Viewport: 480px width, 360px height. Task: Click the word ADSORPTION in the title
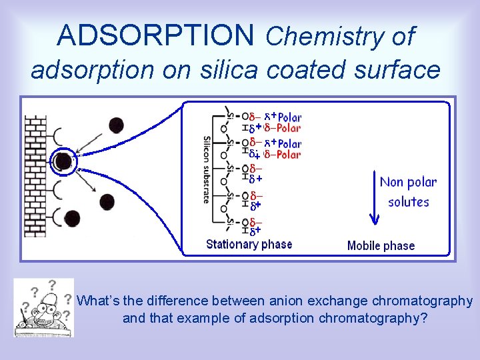click(155, 35)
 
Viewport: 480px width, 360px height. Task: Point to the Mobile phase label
click(381, 246)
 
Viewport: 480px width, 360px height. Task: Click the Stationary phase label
click(249, 245)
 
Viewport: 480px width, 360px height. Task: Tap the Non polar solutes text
click(408, 191)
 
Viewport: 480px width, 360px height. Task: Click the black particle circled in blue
click(63, 161)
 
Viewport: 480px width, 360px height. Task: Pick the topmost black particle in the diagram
click(116, 125)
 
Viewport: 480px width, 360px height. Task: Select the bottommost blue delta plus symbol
click(255, 231)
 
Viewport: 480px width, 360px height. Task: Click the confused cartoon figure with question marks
click(43, 307)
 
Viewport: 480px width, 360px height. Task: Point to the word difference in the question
click(172, 301)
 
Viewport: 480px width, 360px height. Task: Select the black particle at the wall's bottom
click(71, 217)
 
